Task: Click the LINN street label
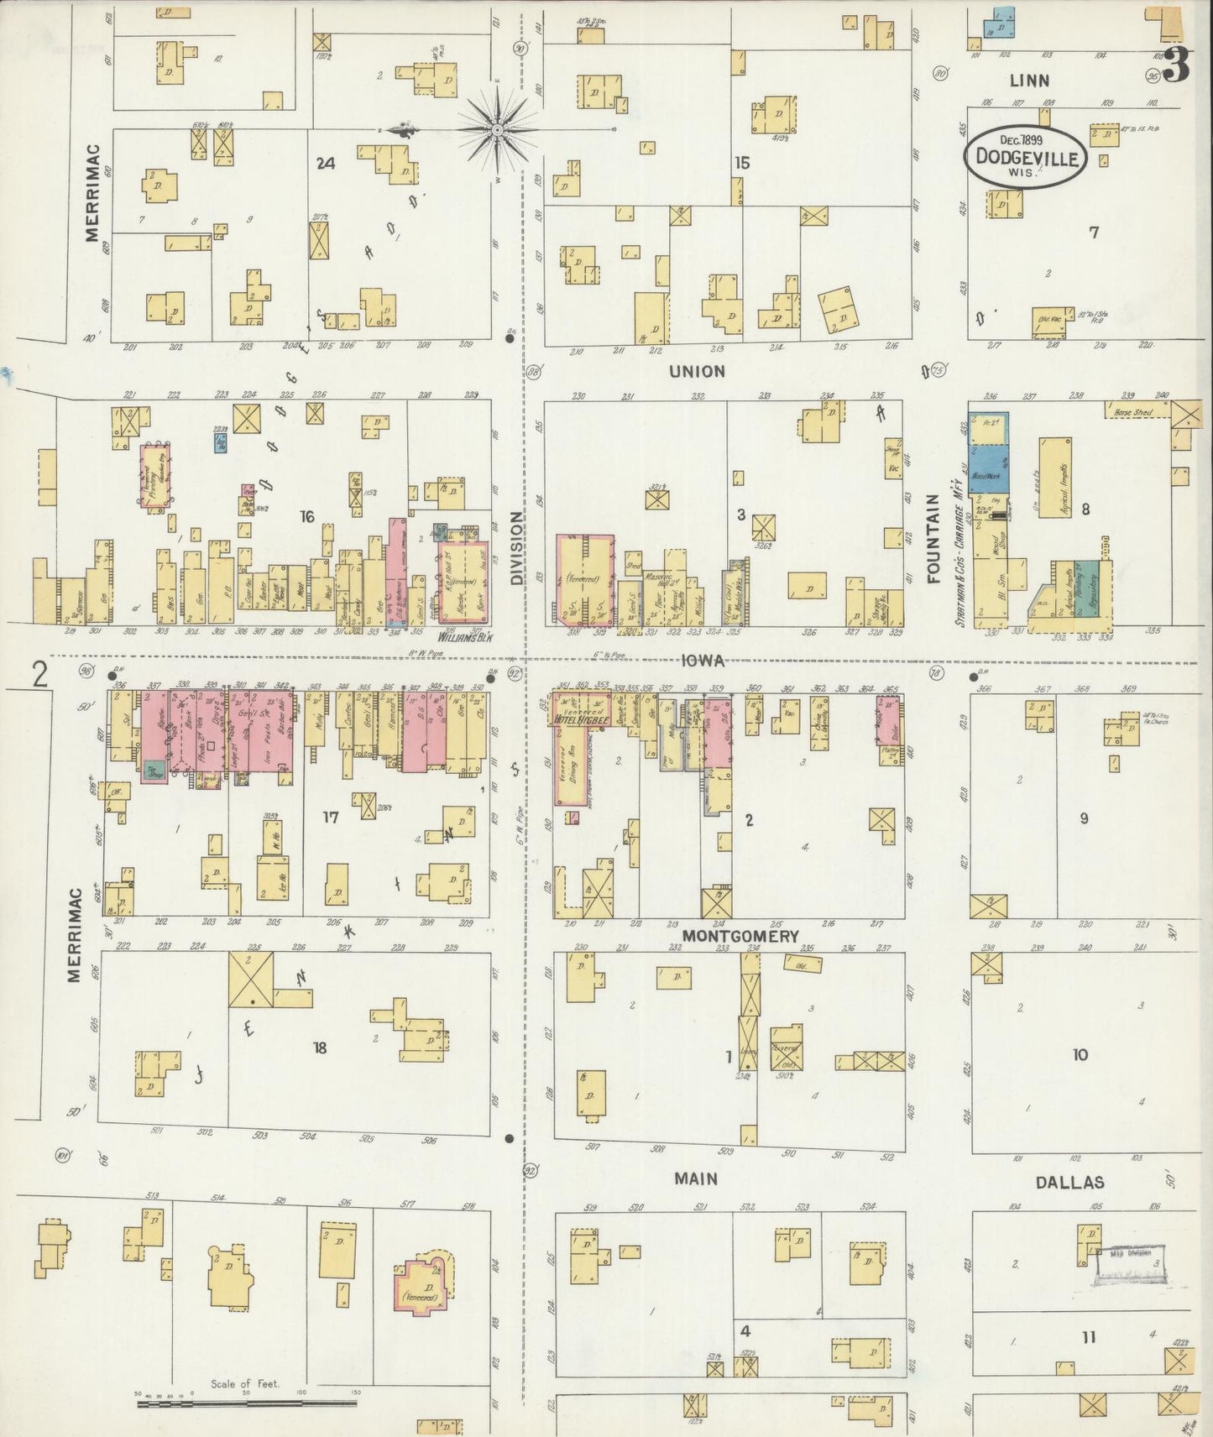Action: [1030, 81]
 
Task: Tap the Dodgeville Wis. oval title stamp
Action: [1026, 156]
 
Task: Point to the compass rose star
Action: [497, 130]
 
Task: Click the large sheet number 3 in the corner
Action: [1178, 65]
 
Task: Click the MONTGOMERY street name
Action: [740, 935]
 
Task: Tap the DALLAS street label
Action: [1069, 1182]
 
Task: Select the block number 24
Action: [326, 163]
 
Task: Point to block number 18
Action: [319, 1047]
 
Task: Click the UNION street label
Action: [697, 371]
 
